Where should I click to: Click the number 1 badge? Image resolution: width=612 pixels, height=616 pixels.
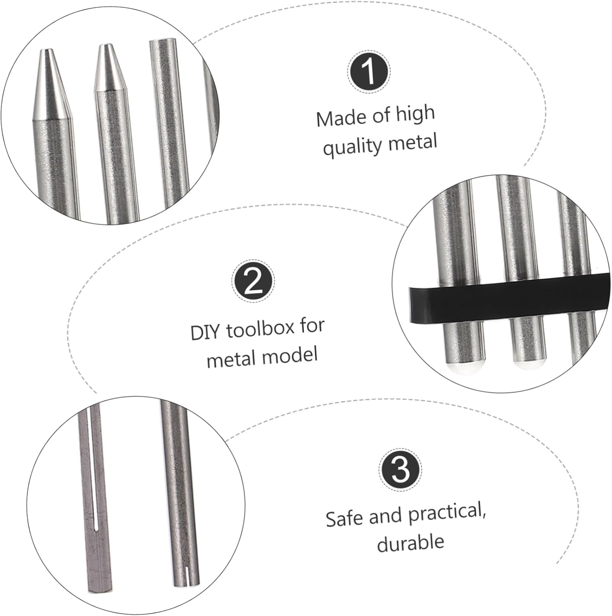click(x=369, y=71)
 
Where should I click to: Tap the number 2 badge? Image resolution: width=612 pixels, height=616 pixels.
click(x=253, y=282)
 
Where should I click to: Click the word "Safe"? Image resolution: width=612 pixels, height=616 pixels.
click(x=344, y=518)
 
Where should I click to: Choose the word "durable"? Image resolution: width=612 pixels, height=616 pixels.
click(x=410, y=543)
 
